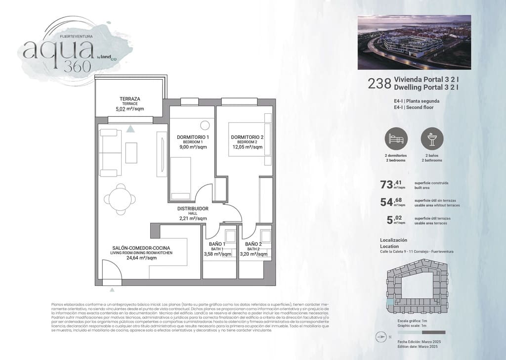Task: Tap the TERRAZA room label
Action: [129, 98]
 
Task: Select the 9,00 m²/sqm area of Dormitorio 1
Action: [193, 147]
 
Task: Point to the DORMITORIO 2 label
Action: [247, 137]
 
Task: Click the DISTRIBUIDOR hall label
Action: [193, 209]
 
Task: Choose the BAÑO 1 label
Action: [217, 244]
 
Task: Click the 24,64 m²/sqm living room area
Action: [141, 258]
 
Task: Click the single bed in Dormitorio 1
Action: [180, 176]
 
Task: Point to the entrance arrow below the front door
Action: [113, 290]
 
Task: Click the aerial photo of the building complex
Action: [414, 42]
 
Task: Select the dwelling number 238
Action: [379, 84]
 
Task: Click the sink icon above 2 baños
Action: [432, 139]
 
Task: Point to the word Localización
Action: [393, 240]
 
